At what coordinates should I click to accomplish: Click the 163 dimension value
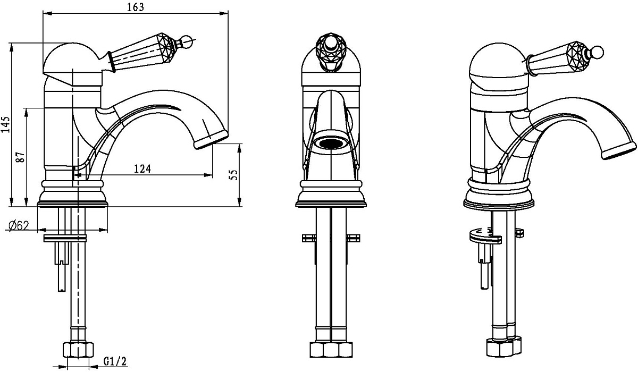pyautogui.click(x=136, y=7)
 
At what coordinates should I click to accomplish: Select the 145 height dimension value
pyautogui.click(x=5, y=124)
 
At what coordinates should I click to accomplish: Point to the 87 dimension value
pyautogui.click(x=21, y=157)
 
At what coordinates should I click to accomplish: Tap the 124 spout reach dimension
pyautogui.click(x=142, y=169)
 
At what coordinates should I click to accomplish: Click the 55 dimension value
pyautogui.click(x=233, y=174)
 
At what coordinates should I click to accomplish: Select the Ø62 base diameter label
pyautogui.click(x=19, y=226)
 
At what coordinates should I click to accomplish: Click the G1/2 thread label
pyautogui.click(x=115, y=361)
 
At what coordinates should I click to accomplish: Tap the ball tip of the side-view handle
pyautogui.click(x=187, y=41)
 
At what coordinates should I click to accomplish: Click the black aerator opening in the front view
pyautogui.click(x=331, y=142)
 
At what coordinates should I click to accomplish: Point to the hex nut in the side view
pyautogui.click(x=78, y=350)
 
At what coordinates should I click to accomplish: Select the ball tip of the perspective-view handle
pyautogui.click(x=598, y=52)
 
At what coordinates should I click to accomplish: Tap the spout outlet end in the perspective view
pyautogui.click(x=619, y=151)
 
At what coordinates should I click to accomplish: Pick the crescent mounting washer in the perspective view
pyautogui.click(x=485, y=236)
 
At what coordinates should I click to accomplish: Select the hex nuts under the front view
pyautogui.click(x=331, y=350)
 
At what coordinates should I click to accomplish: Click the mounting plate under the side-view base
pyautogui.click(x=65, y=238)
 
